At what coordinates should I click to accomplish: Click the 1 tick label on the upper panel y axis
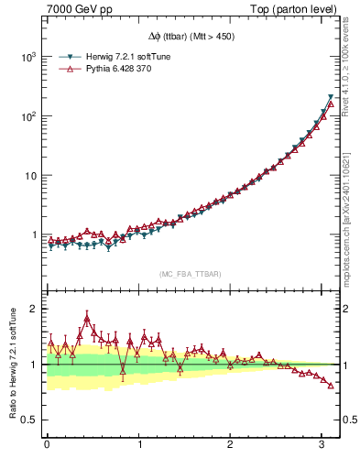click(x=36, y=234)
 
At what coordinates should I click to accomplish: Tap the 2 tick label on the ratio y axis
click(x=36, y=309)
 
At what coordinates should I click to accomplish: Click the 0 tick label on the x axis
click(x=47, y=444)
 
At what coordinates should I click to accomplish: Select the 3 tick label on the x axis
click(x=324, y=444)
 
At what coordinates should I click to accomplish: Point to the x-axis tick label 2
click(x=232, y=444)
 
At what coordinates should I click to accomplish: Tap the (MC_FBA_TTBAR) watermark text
click(x=191, y=275)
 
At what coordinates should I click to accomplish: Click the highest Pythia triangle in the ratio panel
click(x=87, y=319)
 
